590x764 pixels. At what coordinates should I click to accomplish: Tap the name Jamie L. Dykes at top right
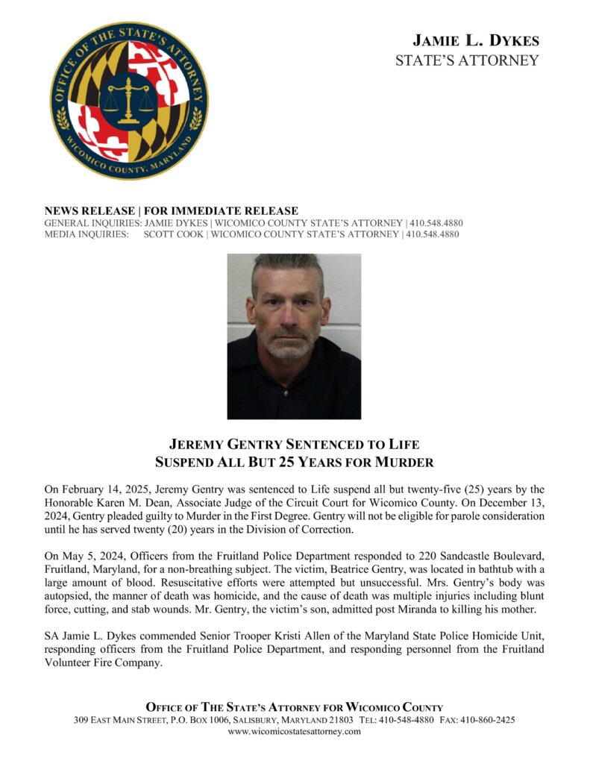tap(476, 40)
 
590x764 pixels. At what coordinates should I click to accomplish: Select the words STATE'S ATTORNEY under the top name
tap(467, 60)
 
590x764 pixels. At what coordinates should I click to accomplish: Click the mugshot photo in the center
tap(294, 336)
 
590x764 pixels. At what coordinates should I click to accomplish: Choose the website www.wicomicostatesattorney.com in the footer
tap(294, 732)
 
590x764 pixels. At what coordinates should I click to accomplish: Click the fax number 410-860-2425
tap(490, 720)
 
